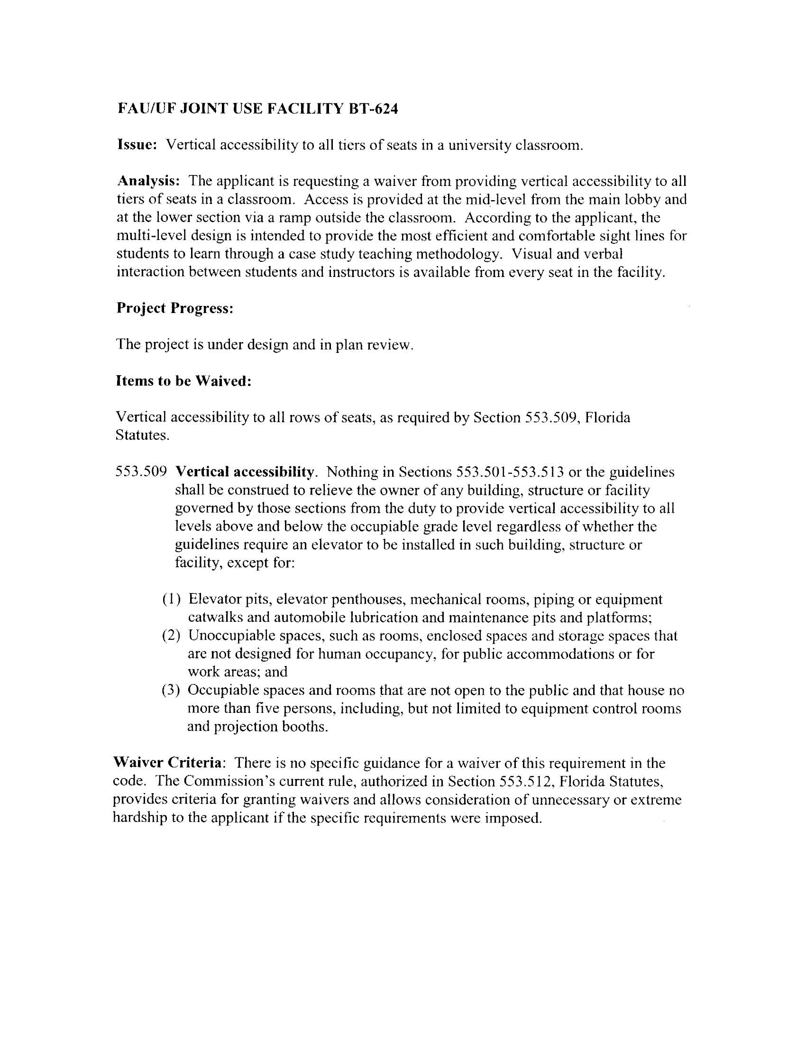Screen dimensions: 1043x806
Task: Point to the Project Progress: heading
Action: pos(175,308)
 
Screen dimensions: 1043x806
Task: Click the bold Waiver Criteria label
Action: pos(167,763)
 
